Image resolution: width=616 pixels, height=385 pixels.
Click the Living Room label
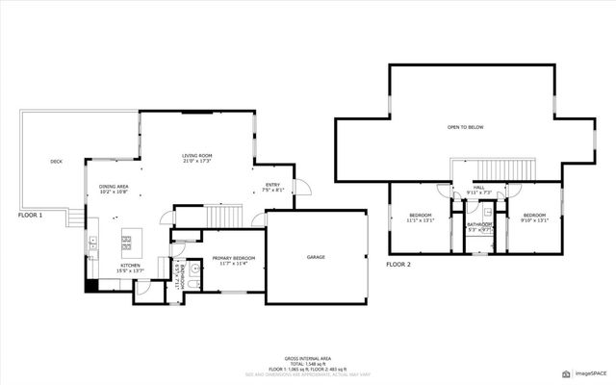(x=197, y=156)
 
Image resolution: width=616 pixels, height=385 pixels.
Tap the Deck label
(x=56, y=162)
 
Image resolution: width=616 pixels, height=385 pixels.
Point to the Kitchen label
(x=130, y=267)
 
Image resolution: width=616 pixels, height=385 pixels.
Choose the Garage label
(x=316, y=257)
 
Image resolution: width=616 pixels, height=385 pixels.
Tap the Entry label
(x=273, y=187)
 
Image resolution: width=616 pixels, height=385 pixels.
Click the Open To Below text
(x=464, y=127)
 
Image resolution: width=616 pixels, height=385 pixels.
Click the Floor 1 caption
(x=30, y=216)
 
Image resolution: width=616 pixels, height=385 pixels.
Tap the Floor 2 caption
(x=398, y=263)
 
